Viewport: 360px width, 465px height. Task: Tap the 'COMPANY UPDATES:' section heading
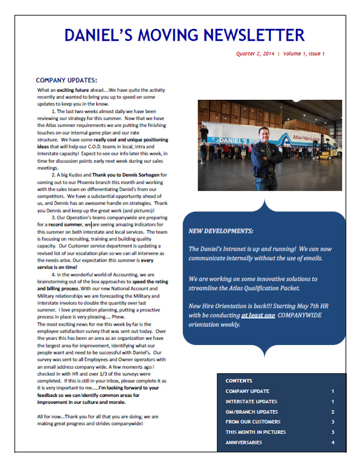click(66, 81)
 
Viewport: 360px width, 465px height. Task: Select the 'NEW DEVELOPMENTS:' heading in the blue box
click(221, 232)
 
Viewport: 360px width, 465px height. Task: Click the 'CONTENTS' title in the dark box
click(238, 381)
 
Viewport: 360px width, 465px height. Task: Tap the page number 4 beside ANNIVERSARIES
click(332, 443)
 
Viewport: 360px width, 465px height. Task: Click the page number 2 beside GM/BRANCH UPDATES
click(332, 412)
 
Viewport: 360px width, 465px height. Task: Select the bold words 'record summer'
click(66, 225)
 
